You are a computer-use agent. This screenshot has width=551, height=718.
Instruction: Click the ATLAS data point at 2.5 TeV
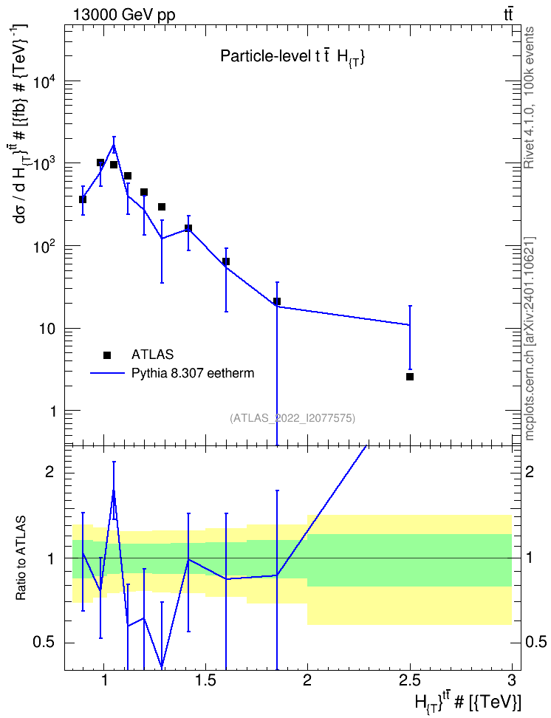tap(410, 377)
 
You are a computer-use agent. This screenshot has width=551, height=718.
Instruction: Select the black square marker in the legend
tap(107, 355)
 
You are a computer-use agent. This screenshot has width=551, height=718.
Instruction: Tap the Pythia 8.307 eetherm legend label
tap(193, 373)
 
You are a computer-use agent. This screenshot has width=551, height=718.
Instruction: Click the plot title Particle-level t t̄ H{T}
tap(292, 56)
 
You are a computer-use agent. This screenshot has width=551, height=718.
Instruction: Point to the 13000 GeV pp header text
tap(123, 15)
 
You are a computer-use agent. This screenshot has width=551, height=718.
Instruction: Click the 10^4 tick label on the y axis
tap(44, 83)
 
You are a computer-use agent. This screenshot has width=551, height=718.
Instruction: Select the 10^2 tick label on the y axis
tap(44, 248)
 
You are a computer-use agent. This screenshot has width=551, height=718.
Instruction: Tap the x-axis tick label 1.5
tap(205, 680)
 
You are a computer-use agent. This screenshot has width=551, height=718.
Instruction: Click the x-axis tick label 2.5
tap(409, 680)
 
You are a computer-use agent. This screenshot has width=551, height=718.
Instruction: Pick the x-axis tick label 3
tap(512, 680)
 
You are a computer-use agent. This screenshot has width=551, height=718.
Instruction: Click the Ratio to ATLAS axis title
tap(21, 558)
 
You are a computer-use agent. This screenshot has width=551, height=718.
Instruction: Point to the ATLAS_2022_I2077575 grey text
tap(292, 417)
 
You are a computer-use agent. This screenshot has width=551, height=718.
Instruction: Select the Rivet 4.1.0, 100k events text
tap(529, 98)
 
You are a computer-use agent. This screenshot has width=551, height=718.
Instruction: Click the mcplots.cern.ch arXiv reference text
tap(530, 338)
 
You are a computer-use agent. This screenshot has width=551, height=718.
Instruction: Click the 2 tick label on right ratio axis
tap(530, 471)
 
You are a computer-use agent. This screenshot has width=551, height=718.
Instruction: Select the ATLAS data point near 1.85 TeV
tap(277, 301)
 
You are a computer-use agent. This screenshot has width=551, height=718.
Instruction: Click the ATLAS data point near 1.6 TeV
tap(226, 261)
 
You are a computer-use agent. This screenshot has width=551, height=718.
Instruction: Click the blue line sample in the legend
tap(107, 373)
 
